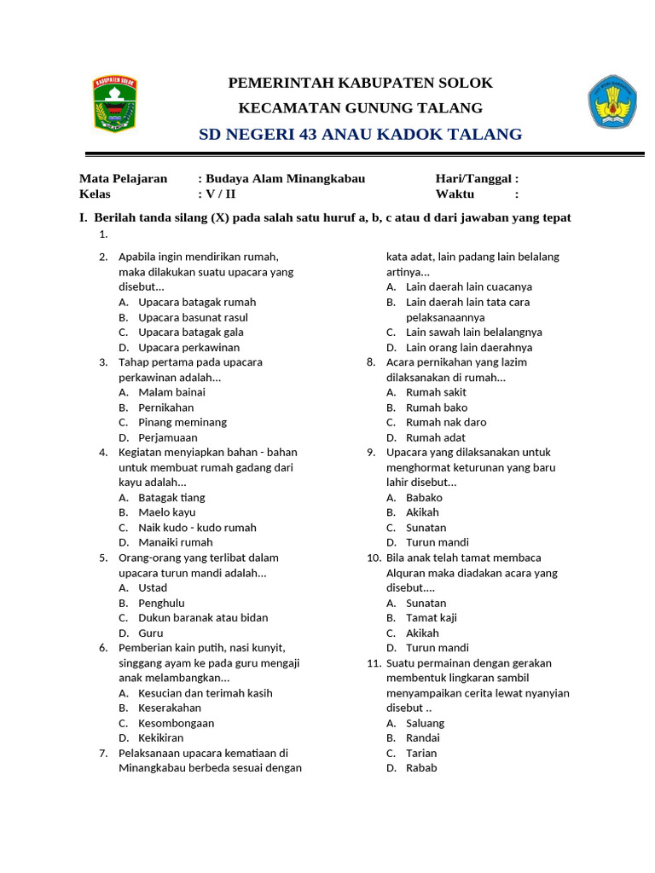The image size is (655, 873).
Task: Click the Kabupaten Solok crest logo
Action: pos(115,103)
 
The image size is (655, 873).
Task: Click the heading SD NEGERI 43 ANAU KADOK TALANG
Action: pos(360,135)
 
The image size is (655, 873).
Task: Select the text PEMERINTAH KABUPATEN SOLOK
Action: pos(360,83)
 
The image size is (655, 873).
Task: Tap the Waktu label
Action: pos(455,194)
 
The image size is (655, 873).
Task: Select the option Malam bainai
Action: pos(171,392)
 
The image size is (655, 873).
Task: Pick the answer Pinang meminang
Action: pos(183,422)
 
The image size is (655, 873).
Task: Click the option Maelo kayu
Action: pos(167,512)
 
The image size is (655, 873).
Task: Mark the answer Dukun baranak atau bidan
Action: pos(203,617)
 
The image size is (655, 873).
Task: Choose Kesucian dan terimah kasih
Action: pos(205,693)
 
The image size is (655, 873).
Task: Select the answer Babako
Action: pos(424,497)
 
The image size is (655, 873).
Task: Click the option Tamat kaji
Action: pos(431,617)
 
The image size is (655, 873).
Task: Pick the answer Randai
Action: pos(423,737)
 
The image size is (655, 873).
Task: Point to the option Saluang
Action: pos(425,723)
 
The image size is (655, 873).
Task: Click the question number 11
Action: pos(374,662)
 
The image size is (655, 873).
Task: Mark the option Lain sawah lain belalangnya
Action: pos(473,332)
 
